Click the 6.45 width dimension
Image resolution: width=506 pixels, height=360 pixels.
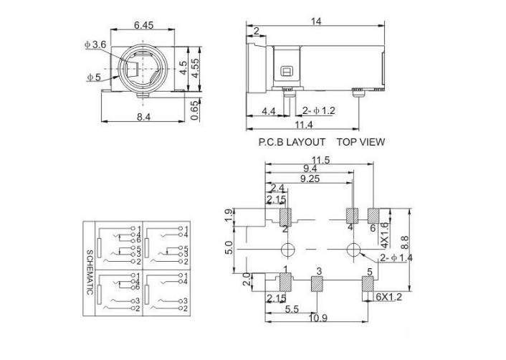coord(144,26)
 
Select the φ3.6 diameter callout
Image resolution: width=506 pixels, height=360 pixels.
coord(95,44)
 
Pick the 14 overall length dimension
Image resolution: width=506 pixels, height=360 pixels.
coord(315,22)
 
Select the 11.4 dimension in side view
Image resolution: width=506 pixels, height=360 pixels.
coord(316,124)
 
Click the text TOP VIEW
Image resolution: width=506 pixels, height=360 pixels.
coord(361,142)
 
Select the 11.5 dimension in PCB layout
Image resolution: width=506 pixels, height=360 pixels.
coord(320,160)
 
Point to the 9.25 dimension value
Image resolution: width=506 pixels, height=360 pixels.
coord(310,179)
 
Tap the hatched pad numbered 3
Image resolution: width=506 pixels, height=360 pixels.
coord(318,285)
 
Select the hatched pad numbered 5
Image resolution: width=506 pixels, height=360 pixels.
coord(368,285)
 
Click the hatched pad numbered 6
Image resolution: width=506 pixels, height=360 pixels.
coord(373,215)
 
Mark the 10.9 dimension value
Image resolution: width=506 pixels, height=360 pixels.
coord(319,318)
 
